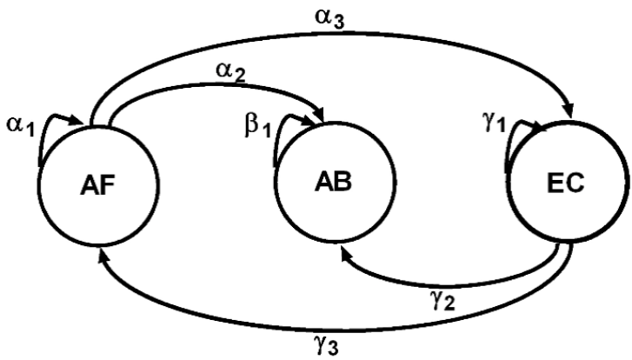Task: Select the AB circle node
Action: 327,183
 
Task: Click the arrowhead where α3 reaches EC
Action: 569,110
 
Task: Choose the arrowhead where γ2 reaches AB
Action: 347,250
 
